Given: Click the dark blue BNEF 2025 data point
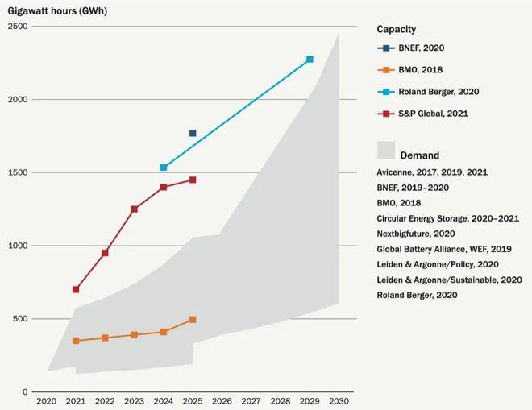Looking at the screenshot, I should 193,133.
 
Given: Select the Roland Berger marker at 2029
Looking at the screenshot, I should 310,60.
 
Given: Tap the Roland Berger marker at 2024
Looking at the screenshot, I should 164,168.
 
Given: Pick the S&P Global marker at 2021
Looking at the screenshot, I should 76,289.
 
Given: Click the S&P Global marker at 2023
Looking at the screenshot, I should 134,209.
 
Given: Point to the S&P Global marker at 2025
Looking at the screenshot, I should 193,180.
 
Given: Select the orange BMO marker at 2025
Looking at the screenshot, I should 193,320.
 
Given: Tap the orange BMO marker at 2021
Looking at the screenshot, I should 76,341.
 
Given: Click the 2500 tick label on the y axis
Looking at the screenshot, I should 18,27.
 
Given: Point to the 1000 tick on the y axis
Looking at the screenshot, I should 18,246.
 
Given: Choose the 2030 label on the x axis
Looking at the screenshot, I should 339,400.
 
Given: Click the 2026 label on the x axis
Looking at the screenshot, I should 222,400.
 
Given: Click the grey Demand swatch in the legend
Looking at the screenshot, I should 387,151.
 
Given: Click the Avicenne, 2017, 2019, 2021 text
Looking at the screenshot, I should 432,172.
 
